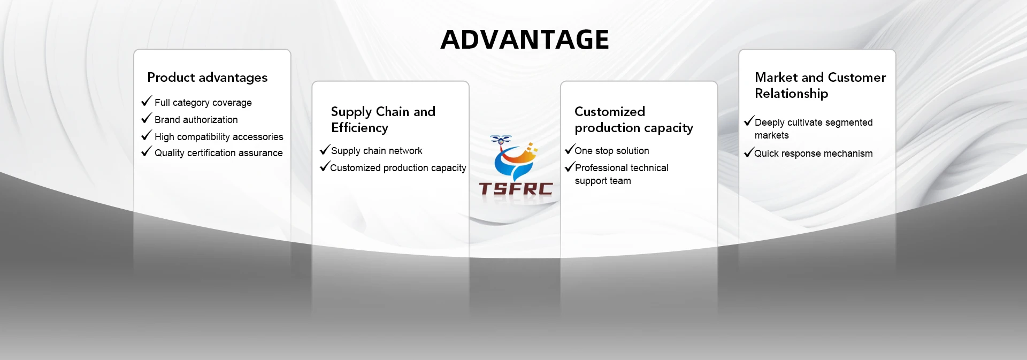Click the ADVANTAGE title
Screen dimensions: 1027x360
click(525, 40)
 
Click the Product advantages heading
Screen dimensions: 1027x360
click(208, 78)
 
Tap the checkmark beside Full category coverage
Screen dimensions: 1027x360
click(146, 101)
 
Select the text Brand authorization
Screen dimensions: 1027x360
click(196, 120)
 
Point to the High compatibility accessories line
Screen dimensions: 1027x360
click(219, 137)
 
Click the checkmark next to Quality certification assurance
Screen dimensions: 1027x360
click(146, 151)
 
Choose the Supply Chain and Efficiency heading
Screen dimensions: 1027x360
click(383, 120)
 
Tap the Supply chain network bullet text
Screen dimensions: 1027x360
click(377, 151)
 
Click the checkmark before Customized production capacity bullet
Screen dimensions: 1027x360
click(325, 166)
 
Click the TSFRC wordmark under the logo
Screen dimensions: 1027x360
click(516, 189)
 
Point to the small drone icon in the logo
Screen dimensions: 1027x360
click(501, 140)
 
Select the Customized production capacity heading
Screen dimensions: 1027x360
click(634, 120)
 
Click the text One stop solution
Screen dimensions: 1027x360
click(612, 151)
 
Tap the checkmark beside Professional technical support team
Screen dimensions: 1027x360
click(570, 166)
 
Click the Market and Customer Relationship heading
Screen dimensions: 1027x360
click(820, 86)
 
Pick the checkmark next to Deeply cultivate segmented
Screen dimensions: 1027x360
click(749, 121)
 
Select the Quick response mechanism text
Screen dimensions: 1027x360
click(814, 154)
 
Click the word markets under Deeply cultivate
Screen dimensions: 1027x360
click(771, 135)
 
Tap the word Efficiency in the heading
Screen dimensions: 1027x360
click(359, 128)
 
